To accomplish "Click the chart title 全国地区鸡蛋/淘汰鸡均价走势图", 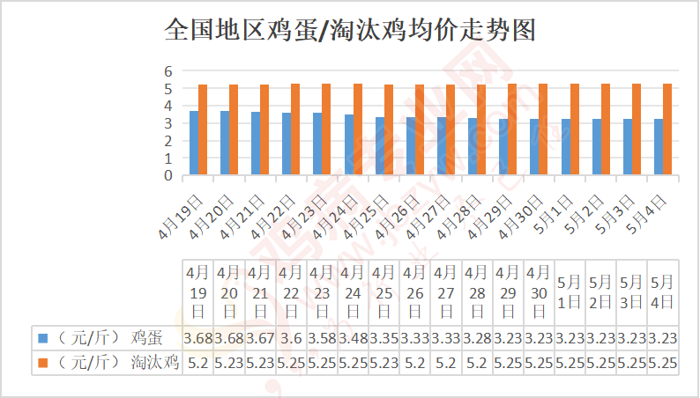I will tap(350, 31).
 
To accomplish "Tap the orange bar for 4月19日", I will tap(203, 129).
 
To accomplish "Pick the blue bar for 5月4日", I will tap(659, 147).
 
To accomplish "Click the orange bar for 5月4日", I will tap(667, 129).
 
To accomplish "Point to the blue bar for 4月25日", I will tap(380, 146).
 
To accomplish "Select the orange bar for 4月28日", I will tap(481, 129).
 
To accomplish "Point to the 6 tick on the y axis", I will tap(168, 71).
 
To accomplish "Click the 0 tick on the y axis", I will tap(168, 175).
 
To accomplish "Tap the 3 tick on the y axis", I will tap(168, 123).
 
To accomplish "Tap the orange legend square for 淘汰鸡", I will tap(41, 362).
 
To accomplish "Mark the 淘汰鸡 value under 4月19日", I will tap(198, 362).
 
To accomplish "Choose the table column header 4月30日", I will tap(539, 291).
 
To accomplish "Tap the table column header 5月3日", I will tap(631, 291).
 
